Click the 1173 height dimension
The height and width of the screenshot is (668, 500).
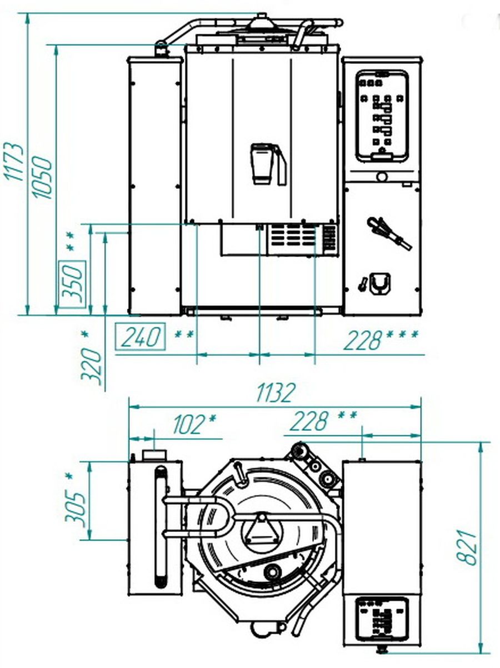coord(14,162)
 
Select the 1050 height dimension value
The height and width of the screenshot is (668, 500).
coord(43,178)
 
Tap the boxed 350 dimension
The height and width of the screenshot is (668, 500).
coord(72,284)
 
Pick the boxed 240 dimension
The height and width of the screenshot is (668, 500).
coord(141,336)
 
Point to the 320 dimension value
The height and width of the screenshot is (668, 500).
coord(91,367)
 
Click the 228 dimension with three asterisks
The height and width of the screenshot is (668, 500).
coord(381,340)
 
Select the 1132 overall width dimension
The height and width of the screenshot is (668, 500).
coord(276,392)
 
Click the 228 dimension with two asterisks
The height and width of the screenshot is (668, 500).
coord(323,421)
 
